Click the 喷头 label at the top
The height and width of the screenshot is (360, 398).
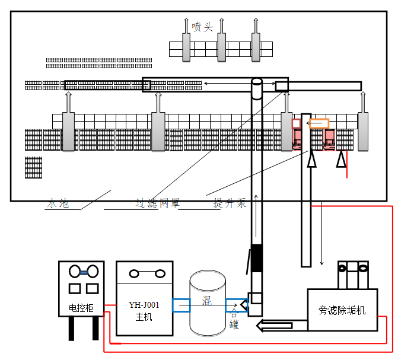point(202,27)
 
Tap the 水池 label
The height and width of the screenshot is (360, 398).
point(58,203)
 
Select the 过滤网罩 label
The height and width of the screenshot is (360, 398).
point(156,203)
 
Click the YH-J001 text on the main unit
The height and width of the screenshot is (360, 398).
point(144,305)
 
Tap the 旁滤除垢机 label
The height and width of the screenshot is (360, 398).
point(342,310)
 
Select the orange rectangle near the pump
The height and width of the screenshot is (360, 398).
point(319,123)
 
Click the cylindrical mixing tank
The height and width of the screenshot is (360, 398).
point(207,302)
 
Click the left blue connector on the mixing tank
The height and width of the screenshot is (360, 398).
point(182,305)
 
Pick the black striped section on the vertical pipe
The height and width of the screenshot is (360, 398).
point(256,257)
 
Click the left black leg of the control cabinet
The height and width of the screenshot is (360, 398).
point(72,328)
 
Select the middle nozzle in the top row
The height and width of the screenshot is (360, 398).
point(221,46)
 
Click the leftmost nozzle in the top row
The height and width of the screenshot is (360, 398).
point(186,46)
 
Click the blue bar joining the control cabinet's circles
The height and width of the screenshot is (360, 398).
point(83,272)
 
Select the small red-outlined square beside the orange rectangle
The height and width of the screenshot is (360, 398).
point(296,123)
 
